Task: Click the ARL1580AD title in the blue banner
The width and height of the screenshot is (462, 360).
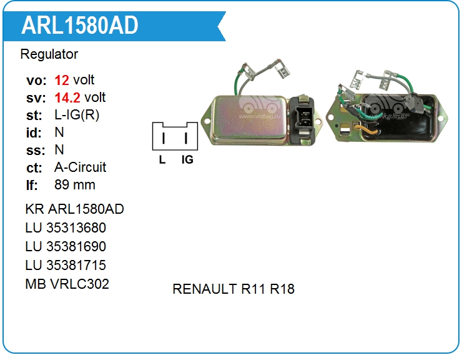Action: [x=80, y=25]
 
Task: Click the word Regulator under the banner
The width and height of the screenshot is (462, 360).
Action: [x=49, y=54]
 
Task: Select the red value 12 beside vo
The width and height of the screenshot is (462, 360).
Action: [x=62, y=80]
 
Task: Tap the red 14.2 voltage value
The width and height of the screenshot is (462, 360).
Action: [x=68, y=97]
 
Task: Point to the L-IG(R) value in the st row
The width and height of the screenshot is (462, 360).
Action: [x=77, y=115]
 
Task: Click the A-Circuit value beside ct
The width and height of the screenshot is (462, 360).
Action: [x=81, y=167]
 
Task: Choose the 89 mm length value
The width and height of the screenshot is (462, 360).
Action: [x=75, y=185]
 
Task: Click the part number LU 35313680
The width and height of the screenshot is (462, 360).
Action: [x=66, y=227]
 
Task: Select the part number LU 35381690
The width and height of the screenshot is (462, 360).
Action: [x=66, y=246]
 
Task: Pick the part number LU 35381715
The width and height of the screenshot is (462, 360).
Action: [x=66, y=265]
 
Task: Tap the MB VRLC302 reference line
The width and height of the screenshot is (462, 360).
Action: [x=67, y=284]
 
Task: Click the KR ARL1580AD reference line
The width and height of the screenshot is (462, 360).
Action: [x=74, y=209]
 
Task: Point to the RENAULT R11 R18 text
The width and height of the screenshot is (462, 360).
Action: [x=233, y=289]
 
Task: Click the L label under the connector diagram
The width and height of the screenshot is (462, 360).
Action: [x=162, y=159]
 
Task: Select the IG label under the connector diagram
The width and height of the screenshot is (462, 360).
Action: [x=187, y=159]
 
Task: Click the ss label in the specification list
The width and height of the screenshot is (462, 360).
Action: [x=34, y=150]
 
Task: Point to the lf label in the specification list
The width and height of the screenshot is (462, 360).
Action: [x=32, y=185]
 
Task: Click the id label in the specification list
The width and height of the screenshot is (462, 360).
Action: [x=34, y=132]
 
